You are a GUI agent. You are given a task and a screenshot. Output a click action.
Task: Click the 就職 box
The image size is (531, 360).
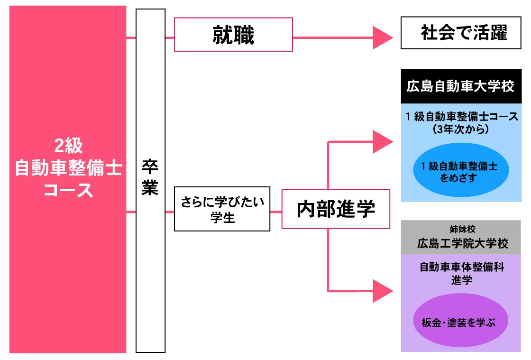click(x=233, y=35)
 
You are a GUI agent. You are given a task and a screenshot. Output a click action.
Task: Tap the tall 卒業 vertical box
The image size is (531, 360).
click(x=150, y=180)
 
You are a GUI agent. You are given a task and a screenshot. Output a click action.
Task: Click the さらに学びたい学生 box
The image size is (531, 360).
click(x=222, y=209)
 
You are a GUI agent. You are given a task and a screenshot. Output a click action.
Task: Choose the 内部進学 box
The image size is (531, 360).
click(x=336, y=209)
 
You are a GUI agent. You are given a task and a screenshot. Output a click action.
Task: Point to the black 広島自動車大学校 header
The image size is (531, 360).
click(x=461, y=87)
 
